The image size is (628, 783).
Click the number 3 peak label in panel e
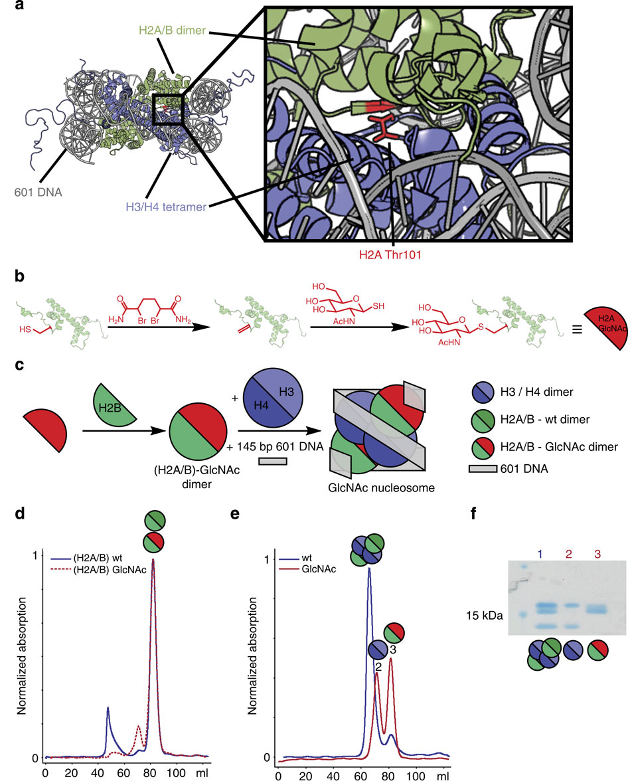[392, 649]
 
